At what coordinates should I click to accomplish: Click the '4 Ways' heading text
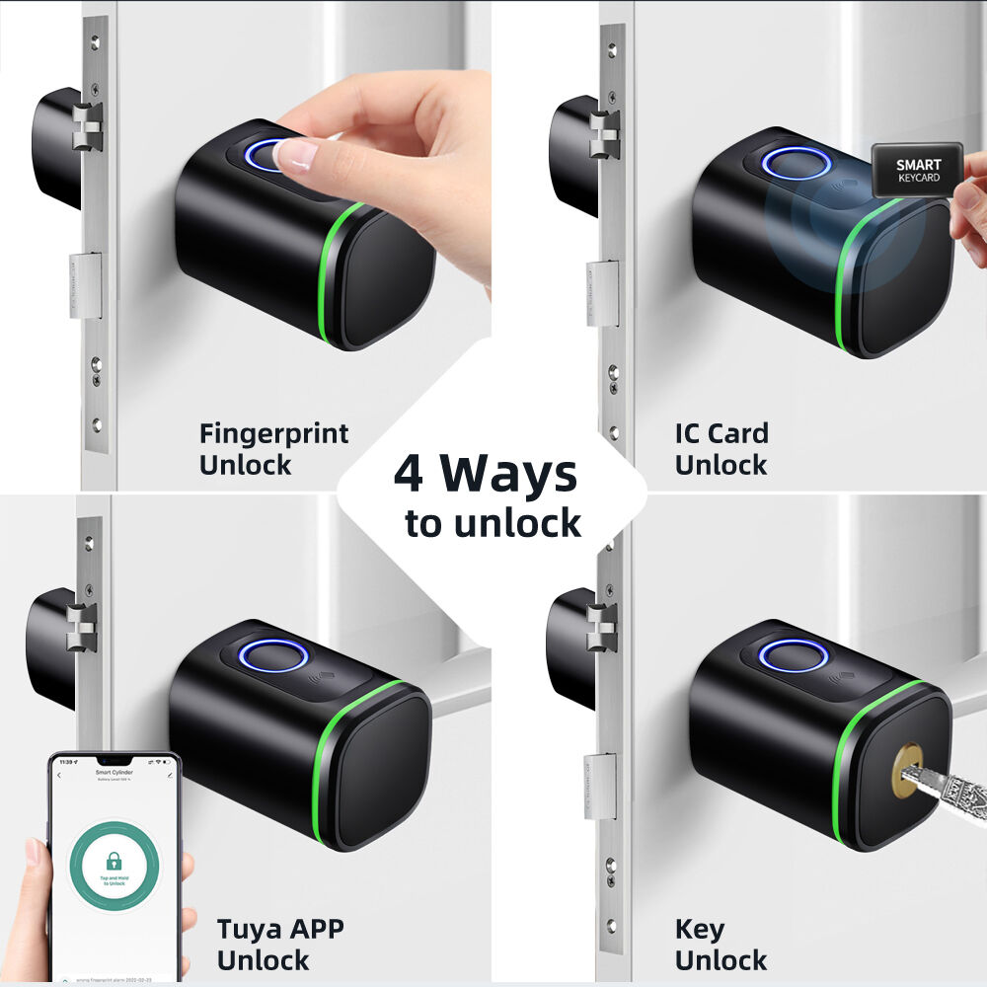pos(485,474)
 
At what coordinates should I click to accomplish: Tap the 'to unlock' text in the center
pos(493,524)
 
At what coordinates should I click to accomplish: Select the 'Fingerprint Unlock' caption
pos(273,448)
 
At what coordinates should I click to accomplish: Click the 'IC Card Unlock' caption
pos(721,448)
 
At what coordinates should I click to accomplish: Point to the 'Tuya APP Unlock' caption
pos(279,944)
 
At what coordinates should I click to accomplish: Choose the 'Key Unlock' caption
pos(721,944)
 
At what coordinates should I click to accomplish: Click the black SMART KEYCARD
pos(918,171)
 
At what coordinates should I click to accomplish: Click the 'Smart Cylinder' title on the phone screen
pos(114,773)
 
